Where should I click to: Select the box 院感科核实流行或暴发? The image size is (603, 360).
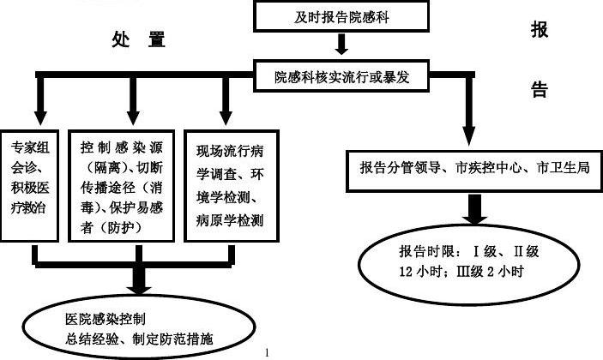point(341,76)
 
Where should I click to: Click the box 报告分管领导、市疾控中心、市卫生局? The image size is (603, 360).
point(473,169)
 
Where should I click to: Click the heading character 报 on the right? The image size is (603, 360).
point(540,30)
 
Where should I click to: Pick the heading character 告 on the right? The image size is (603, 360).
point(540,90)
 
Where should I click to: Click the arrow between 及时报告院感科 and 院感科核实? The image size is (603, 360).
point(341,43)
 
